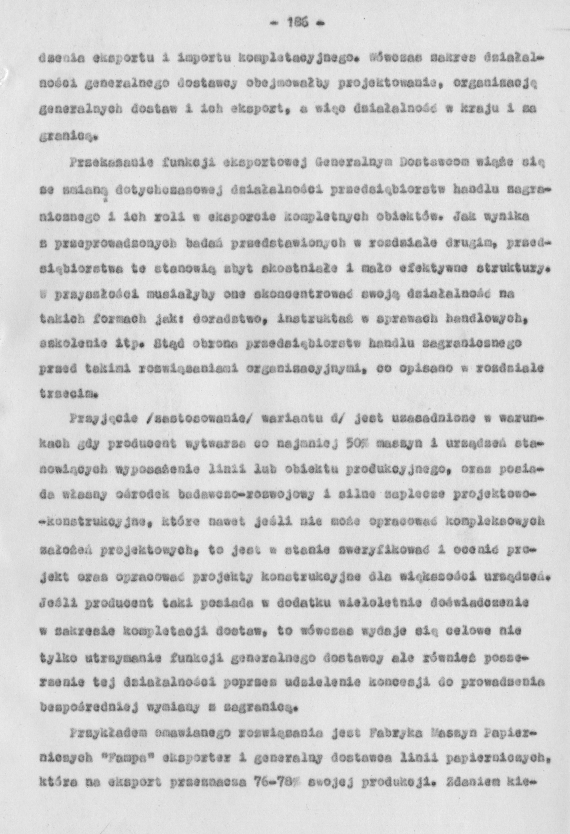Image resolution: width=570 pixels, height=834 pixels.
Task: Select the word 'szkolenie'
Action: pos(63,345)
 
